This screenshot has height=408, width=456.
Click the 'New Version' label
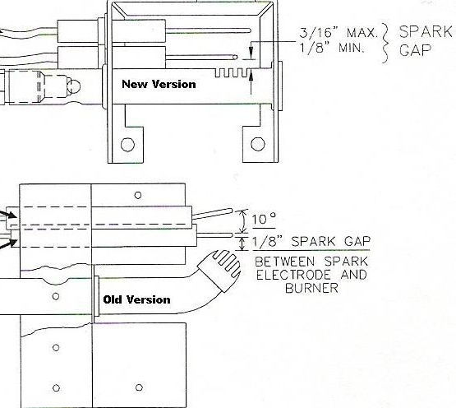point(159,84)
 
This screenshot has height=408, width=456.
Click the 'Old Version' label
point(136,299)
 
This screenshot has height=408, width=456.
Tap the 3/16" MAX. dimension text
point(339,32)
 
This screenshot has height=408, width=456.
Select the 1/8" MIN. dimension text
point(332,47)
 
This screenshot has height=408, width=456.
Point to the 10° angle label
point(264,219)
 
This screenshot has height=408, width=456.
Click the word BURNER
point(311,288)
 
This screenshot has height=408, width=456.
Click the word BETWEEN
point(285,262)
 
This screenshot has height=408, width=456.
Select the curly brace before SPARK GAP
point(385,43)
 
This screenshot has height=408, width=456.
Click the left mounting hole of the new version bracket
point(127,145)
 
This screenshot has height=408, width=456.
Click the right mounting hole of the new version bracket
point(258,144)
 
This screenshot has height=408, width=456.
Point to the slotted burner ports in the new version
point(233,73)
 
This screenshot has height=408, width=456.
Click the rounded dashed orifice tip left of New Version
point(73,86)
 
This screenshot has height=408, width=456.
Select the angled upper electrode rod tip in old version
point(231,211)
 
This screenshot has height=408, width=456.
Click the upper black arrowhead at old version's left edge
point(11,215)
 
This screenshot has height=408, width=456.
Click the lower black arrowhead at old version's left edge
point(11,243)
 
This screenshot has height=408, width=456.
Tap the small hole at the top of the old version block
point(138,195)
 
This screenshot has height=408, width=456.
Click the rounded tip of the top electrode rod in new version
point(249,30)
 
